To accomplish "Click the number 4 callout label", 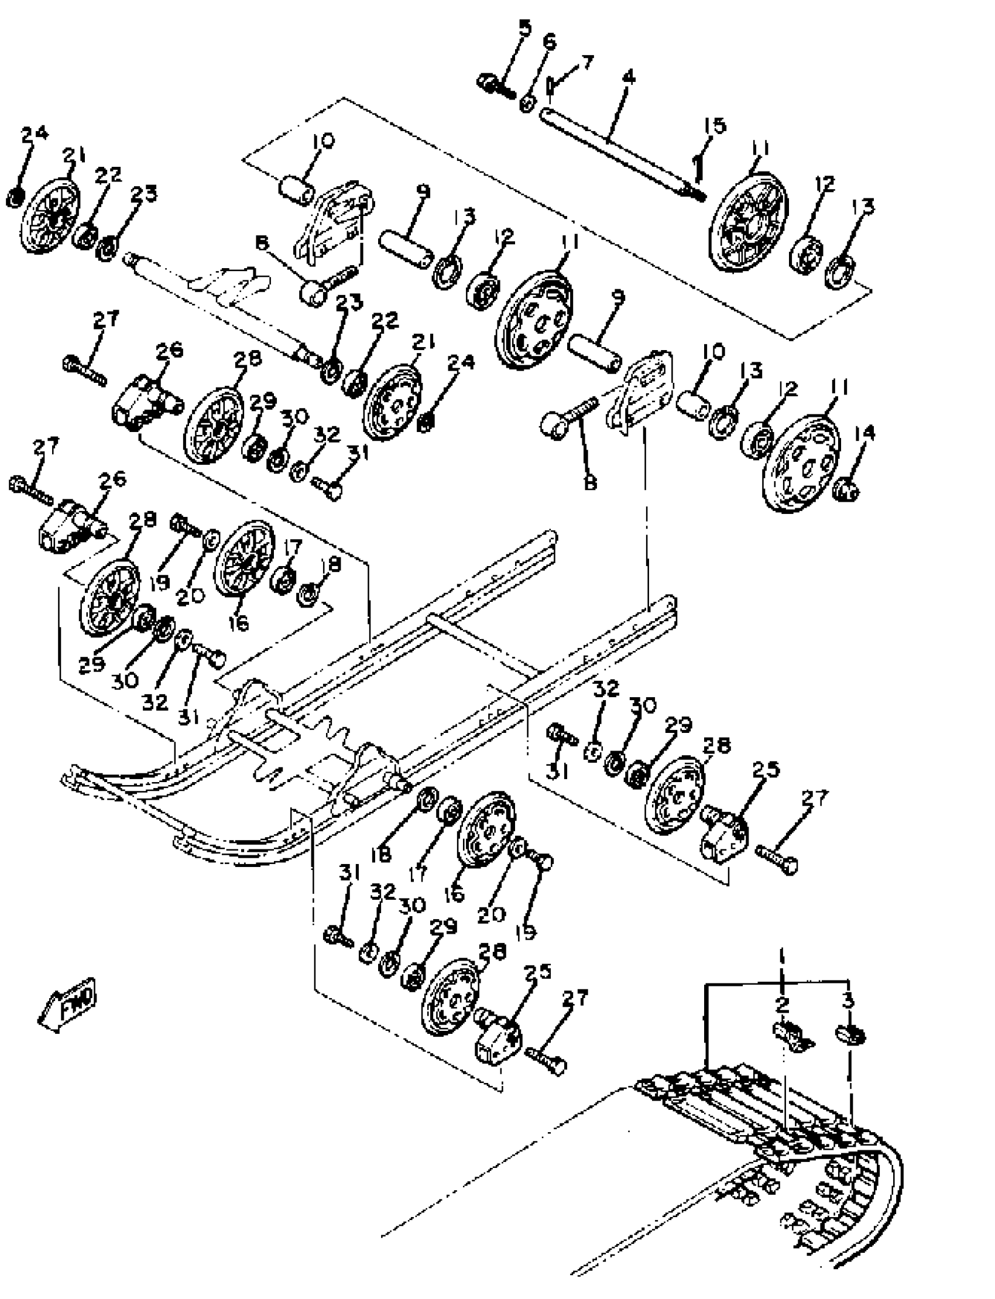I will pyautogui.click(x=629, y=78).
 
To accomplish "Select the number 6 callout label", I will pyautogui.click(x=549, y=42).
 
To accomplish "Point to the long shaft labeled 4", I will pyautogui.click(x=616, y=148).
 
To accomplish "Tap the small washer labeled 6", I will pyautogui.click(x=528, y=103).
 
